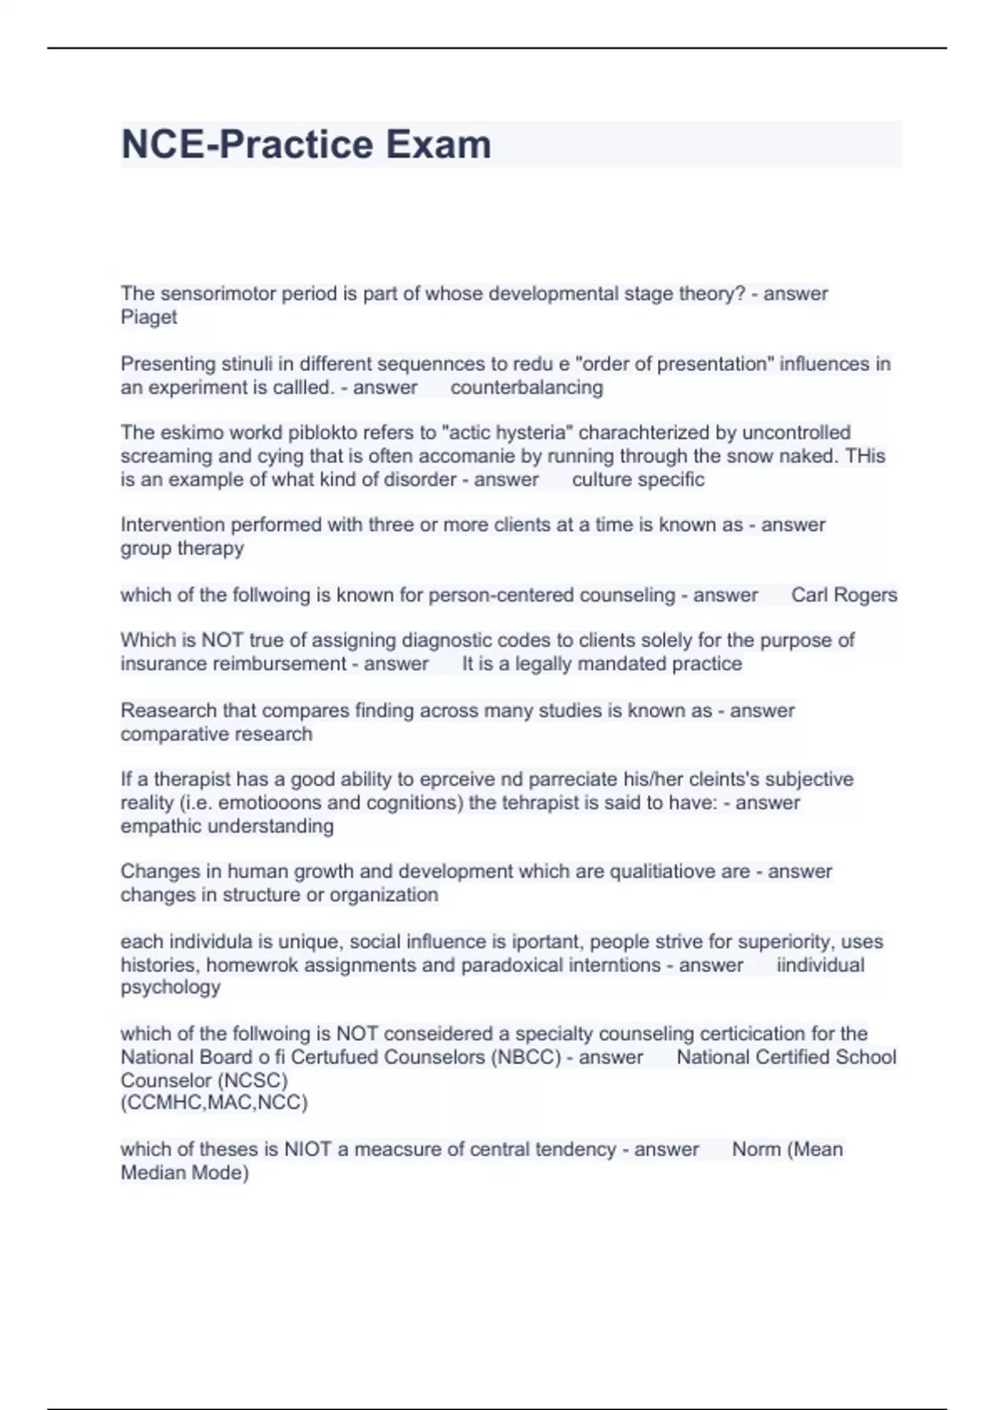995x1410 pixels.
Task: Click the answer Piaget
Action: [148, 317]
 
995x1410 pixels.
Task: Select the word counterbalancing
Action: [527, 387]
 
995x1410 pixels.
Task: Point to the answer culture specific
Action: [638, 479]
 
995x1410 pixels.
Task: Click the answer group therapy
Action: [182, 548]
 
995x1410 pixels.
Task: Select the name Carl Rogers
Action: [844, 595]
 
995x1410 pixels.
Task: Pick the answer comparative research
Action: [216, 734]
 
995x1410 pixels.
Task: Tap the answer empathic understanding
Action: [226, 826]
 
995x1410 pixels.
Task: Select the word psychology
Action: [170, 987]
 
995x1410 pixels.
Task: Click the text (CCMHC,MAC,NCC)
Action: [214, 1102]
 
